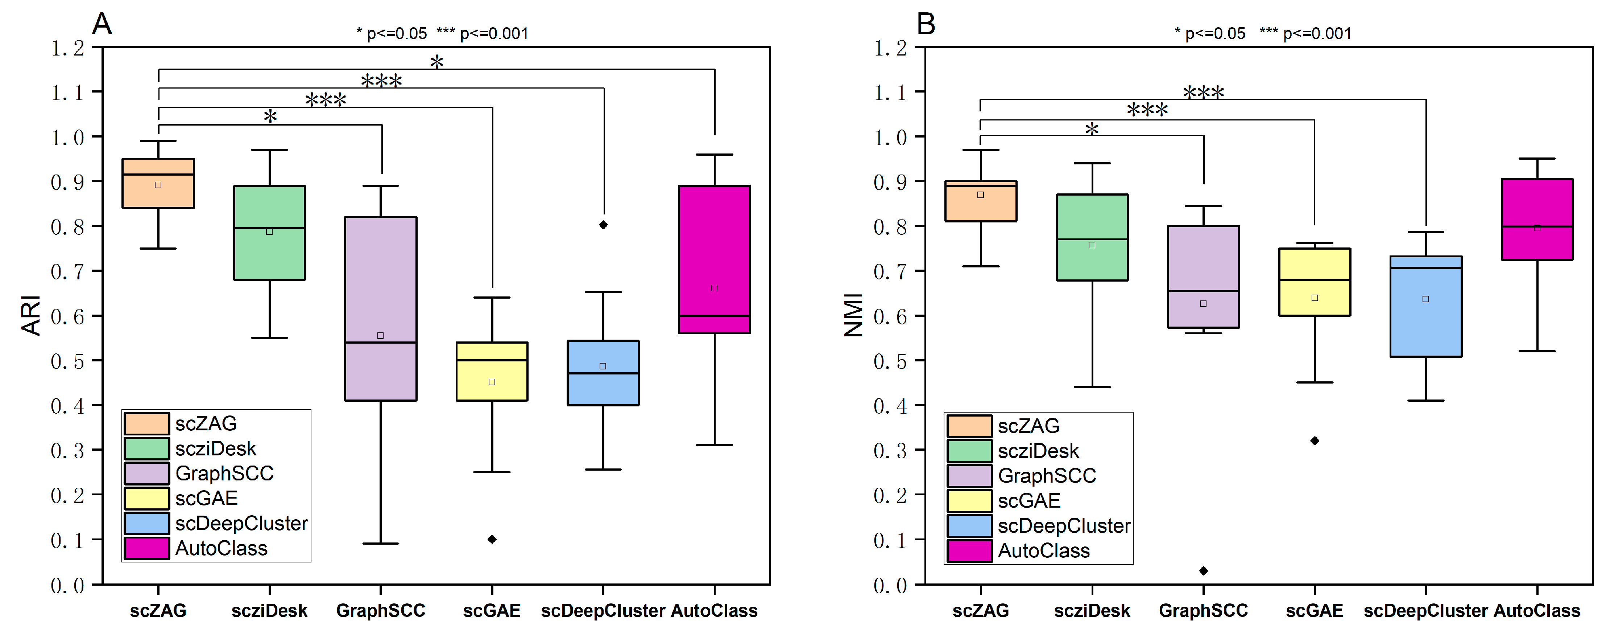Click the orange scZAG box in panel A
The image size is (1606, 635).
(x=158, y=193)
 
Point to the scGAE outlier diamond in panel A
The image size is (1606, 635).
(x=492, y=539)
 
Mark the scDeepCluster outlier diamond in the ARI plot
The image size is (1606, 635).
(x=603, y=225)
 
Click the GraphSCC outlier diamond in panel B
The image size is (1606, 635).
(x=1203, y=571)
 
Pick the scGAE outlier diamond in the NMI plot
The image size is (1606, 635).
(x=1314, y=441)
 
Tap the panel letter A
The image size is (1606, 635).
(x=102, y=24)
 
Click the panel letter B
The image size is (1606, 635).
(x=926, y=24)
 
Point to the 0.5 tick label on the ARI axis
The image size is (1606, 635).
(x=67, y=361)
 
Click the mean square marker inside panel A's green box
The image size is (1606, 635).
(x=269, y=232)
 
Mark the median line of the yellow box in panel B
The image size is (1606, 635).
(x=1314, y=279)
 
